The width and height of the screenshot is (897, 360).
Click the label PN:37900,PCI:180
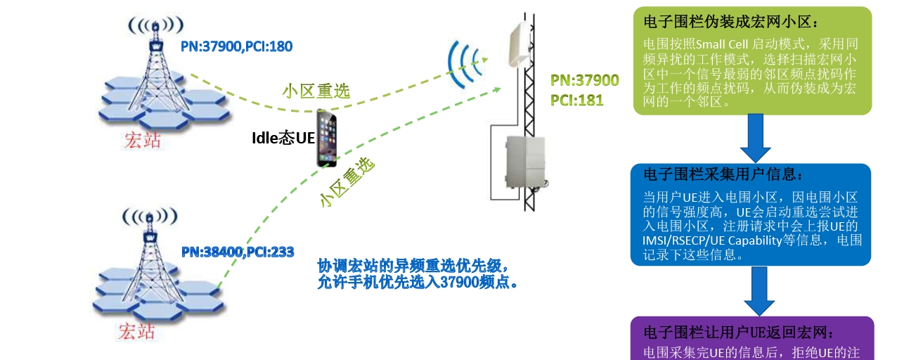click(x=236, y=46)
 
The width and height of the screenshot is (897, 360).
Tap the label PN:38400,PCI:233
click(x=237, y=251)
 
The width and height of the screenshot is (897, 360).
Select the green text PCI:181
click(x=576, y=99)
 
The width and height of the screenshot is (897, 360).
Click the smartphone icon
click(x=325, y=138)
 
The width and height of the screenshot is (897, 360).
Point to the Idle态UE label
click(x=283, y=138)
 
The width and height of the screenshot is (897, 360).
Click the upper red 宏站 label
click(x=142, y=139)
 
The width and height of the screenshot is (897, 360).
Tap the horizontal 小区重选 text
click(x=316, y=91)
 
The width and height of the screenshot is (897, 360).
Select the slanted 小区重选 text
click(x=347, y=181)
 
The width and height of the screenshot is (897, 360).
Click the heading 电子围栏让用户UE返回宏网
click(x=738, y=332)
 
